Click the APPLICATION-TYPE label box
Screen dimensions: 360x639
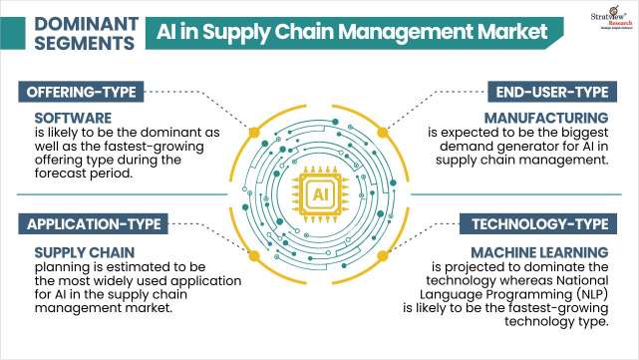point(91,222)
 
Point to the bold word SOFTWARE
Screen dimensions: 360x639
point(57,118)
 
